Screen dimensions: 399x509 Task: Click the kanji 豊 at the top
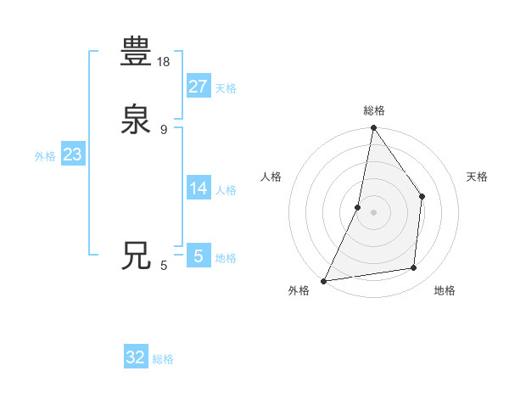(136, 52)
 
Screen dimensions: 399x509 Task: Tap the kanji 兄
(136, 256)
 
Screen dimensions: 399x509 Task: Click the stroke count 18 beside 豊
(165, 61)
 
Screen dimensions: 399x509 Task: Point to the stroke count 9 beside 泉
(164, 129)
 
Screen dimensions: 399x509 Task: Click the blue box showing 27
(198, 86)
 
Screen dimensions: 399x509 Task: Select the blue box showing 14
(198, 188)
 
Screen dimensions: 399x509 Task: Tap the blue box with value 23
(72, 155)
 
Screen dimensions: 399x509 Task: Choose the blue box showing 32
(136, 357)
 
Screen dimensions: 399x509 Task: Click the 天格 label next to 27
(226, 88)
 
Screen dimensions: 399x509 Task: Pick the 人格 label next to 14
(226, 190)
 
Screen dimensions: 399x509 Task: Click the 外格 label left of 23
(45, 156)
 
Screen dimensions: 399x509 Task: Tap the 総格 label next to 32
(164, 360)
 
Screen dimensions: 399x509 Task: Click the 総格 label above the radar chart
(374, 110)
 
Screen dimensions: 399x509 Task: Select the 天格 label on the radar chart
(477, 177)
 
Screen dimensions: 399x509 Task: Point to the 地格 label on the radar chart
(445, 291)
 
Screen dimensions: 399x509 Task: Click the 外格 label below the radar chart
(299, 291)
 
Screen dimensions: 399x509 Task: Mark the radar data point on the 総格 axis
(373, 129)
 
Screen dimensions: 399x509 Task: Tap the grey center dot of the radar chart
(373, 212)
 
